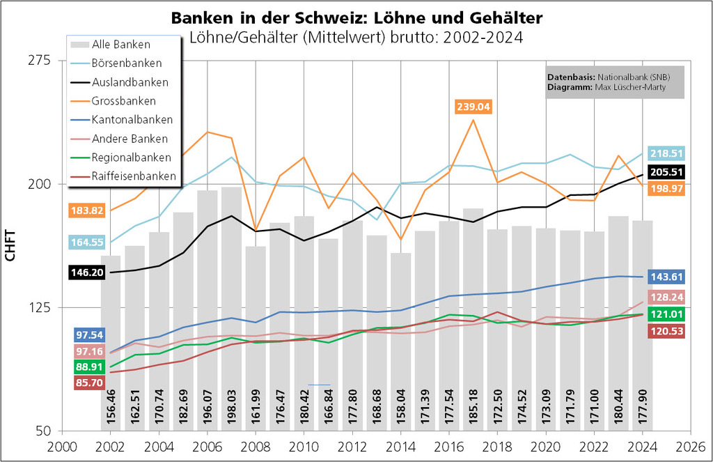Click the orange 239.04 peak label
coord(473,107)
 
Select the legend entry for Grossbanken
coord(124,101)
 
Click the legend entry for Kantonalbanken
coord(132,120)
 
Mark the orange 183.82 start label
coord(87,210)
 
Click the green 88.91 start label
coord(87,367)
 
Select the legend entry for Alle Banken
coord(121,45)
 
